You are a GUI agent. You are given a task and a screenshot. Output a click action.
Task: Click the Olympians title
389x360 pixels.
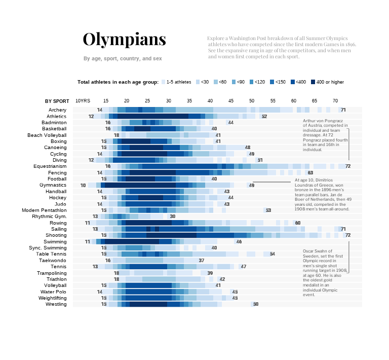point(124,40)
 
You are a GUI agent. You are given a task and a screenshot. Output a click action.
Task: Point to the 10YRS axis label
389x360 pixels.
point(83,101)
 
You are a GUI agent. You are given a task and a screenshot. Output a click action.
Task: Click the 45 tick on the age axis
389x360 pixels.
point(231,101)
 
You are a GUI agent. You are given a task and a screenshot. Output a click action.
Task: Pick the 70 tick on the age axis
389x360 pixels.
point(335,101)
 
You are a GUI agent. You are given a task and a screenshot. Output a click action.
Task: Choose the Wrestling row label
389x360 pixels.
point(56,304)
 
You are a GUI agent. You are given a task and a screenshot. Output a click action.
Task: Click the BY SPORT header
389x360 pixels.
point(57,101)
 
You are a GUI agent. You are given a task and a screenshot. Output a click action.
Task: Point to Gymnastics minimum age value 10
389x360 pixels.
point(83,186)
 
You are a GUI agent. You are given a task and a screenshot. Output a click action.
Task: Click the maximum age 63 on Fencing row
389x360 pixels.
point(310,173)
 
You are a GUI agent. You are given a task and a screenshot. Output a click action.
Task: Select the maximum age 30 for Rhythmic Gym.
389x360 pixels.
point(172,217)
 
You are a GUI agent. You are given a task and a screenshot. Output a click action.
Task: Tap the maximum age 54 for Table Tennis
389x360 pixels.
point(273,254)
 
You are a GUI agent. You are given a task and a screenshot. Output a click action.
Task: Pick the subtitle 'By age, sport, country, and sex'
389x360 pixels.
point(123,59)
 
